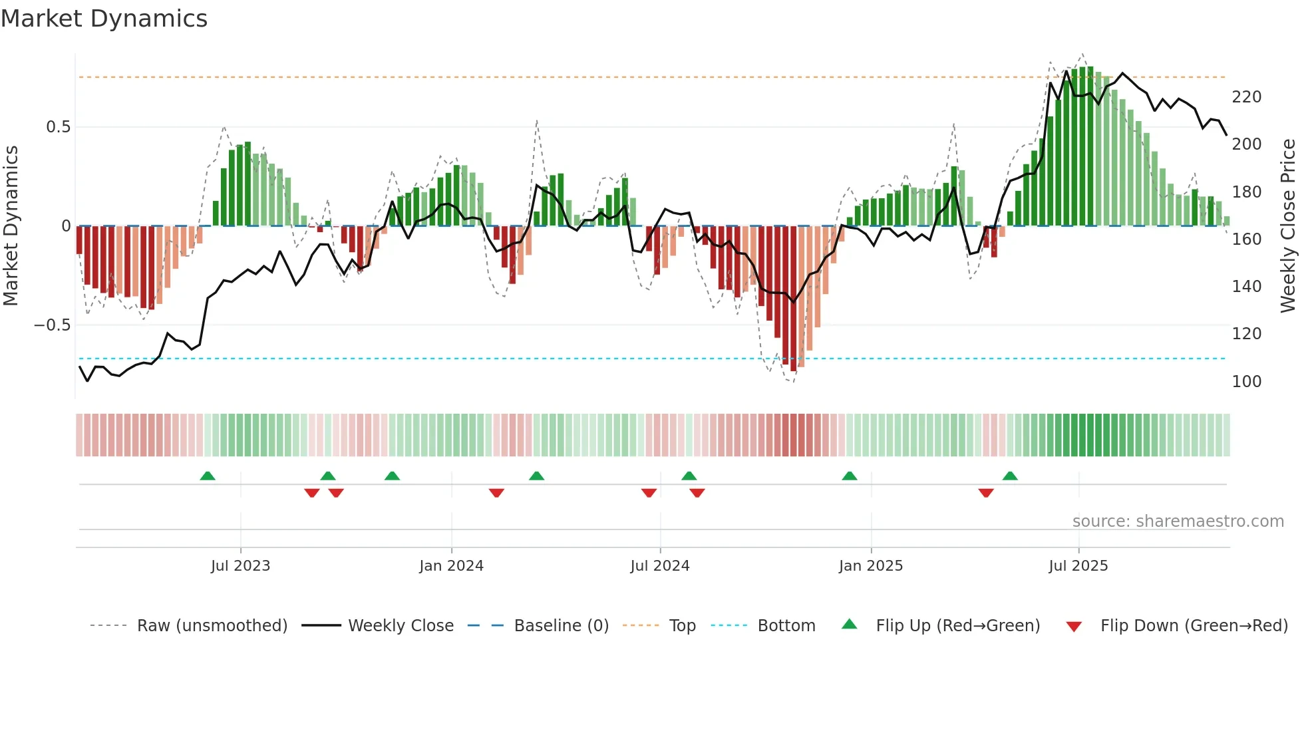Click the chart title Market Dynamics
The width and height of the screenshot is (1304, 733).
coord(104,19)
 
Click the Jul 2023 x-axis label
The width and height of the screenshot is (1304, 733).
coord(240,566)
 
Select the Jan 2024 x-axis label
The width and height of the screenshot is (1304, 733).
coord(451,566)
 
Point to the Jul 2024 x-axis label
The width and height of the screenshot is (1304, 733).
coord(659,566)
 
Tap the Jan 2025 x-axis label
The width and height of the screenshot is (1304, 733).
coord(870,566)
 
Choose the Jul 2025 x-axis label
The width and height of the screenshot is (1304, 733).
coord(1078,566)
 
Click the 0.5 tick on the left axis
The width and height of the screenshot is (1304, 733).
coord(58,127)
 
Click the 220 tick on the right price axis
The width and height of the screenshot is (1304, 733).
coord(1246,97)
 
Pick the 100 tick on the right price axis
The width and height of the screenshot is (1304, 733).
coord(1246,382)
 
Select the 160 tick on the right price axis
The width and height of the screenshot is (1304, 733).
coord(1246,239)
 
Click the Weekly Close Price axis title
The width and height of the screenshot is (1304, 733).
coord(1288,226)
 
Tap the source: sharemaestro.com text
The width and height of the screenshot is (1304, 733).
coord(1178,521)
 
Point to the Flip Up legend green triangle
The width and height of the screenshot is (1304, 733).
coord(850,625)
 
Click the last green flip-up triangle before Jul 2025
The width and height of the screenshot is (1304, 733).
coord(1009,476)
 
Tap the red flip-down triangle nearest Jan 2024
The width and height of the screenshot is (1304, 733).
coord(496,493)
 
